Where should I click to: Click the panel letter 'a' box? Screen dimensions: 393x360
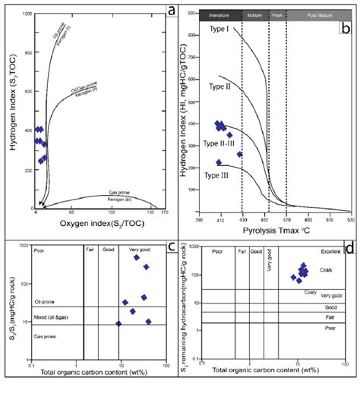pos(172,11)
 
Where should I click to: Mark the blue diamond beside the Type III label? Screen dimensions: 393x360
pos(219,162)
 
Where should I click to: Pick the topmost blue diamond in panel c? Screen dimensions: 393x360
pos(137,257)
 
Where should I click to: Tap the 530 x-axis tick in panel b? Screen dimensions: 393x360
pos(350,219)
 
